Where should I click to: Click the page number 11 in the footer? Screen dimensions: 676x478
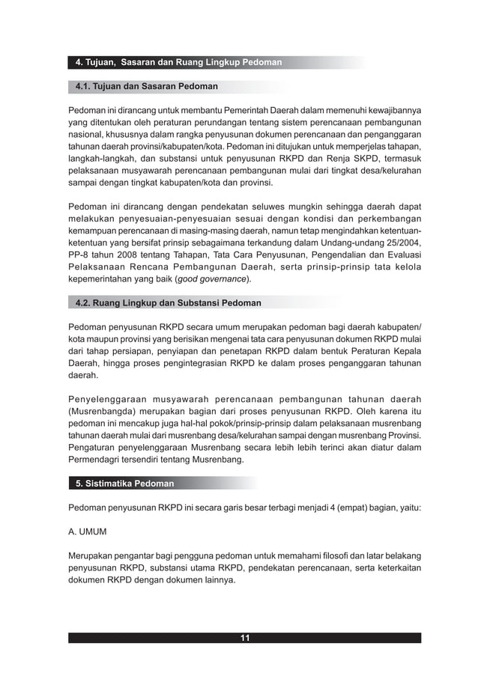[244, 638]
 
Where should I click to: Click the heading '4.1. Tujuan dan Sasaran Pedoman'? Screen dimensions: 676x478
[147, 87]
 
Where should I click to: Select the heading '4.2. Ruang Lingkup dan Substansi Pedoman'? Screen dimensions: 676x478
[169, 303]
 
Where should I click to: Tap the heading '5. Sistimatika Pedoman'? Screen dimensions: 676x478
[124, 484]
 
